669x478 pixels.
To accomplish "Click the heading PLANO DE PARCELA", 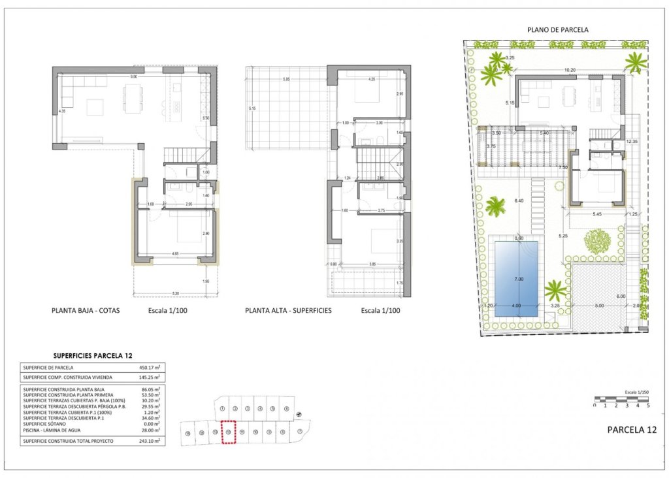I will coord(557,29).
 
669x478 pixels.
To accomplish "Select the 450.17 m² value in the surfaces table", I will coord(151,368).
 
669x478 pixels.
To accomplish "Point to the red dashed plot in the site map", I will coord(228,432).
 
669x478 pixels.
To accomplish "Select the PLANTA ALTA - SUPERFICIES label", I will coord(288,311).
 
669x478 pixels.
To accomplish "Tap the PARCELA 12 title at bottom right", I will coord(631,430).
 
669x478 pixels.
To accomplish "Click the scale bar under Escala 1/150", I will coord(621,398).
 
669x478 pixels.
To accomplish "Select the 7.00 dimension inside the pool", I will coord(519,279).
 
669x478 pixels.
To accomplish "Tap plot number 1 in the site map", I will coord(223,409).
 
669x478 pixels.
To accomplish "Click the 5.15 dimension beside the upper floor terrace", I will coord(252,108).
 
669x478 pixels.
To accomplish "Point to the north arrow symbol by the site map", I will coord(299,413).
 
